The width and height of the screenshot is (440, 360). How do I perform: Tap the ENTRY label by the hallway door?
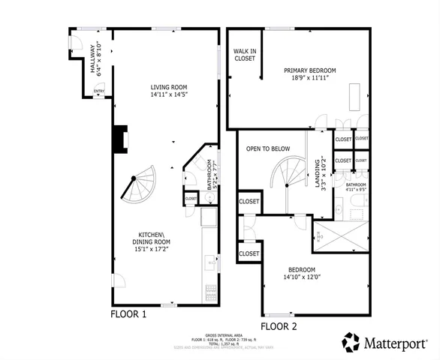coord(99,91)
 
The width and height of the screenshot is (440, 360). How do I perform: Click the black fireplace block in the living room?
coord(119,138)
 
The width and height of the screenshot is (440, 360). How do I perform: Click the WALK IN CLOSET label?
coord(244,54)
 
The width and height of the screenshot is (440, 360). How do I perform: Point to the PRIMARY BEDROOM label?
coord(309,70)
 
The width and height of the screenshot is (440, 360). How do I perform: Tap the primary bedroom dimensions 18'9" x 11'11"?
coord(309,79)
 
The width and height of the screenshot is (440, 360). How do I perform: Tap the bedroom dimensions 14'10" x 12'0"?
coord(300,277)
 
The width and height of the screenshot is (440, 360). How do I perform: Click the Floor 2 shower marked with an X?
coord(341,237)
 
